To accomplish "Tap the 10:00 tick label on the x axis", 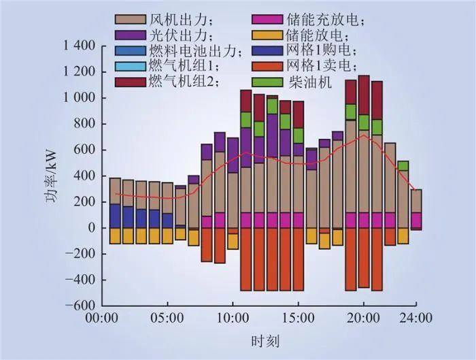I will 233,318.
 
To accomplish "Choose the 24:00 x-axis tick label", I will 415,318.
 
